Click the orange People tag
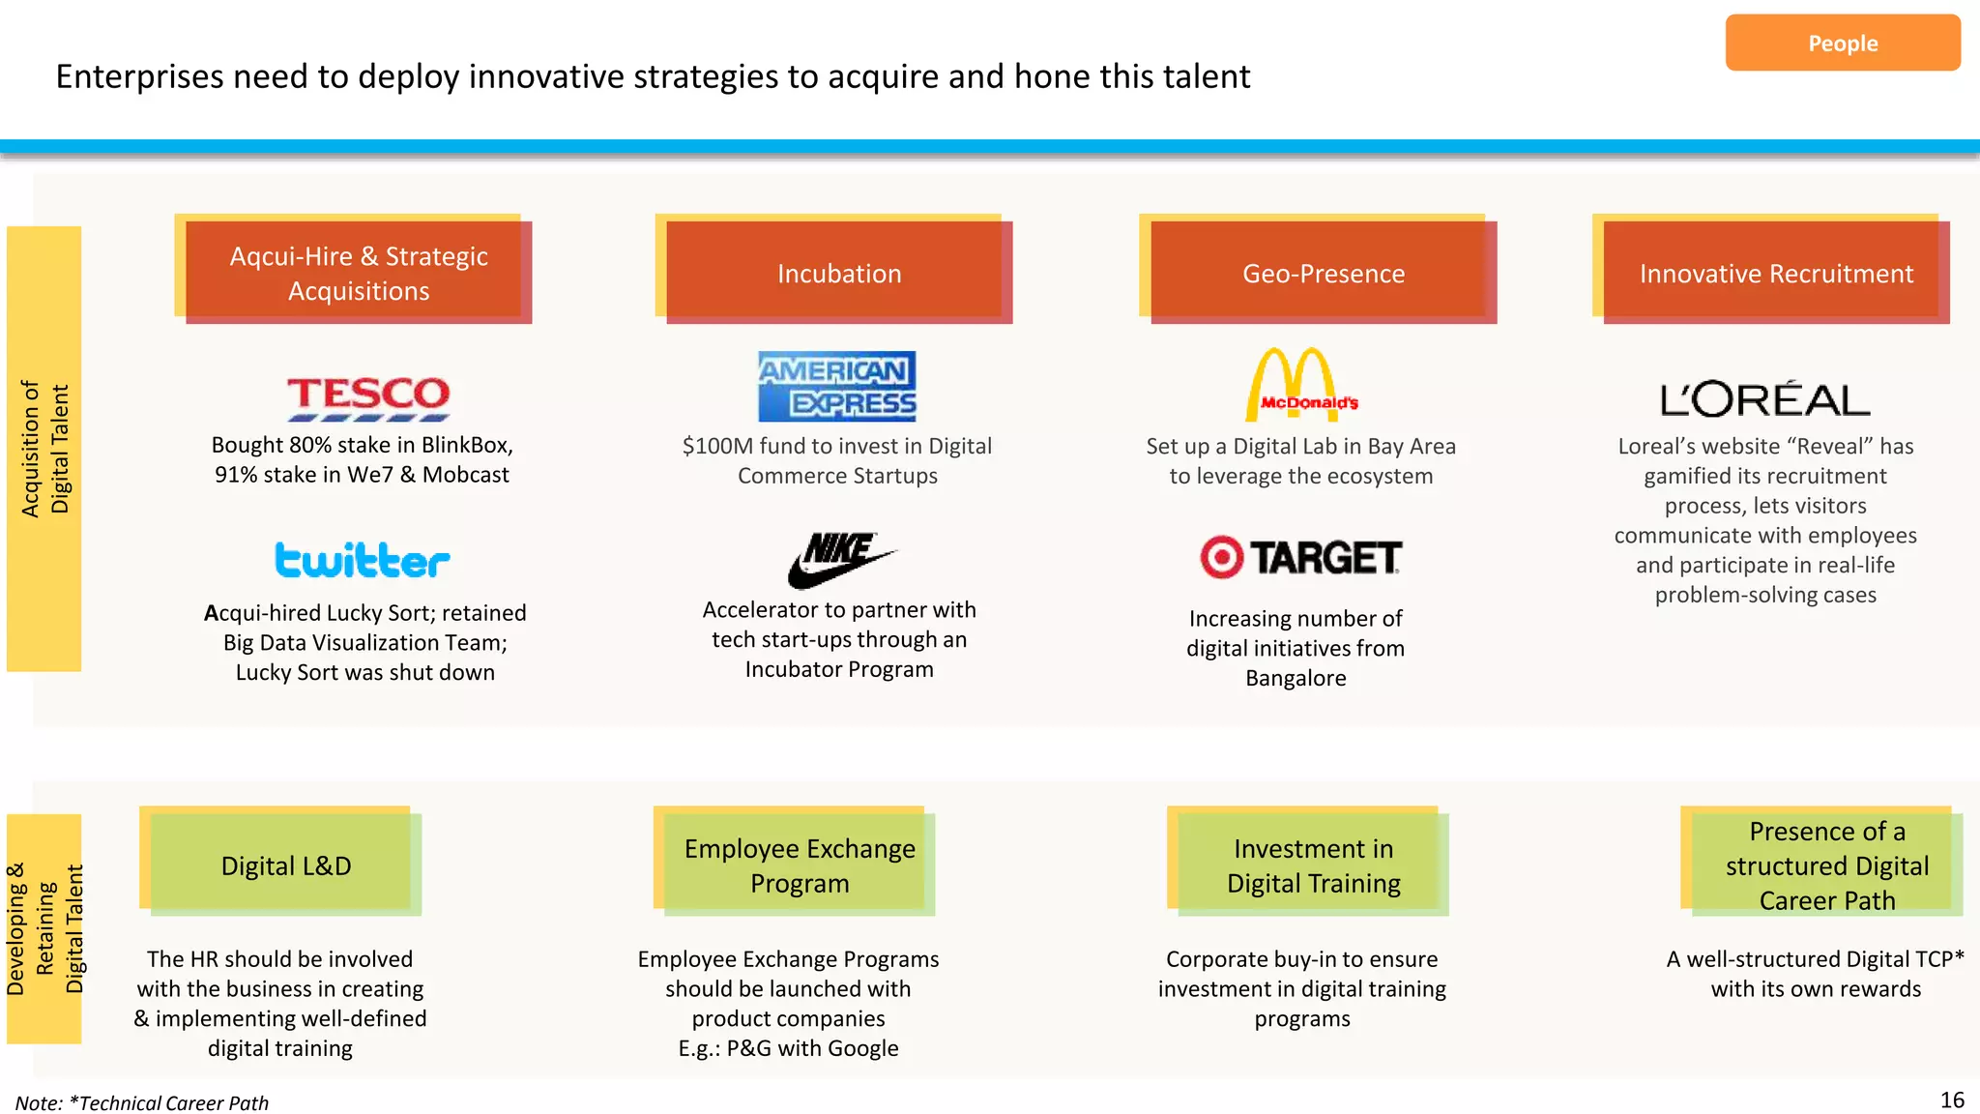(1842, 44)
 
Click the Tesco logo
(368, 397)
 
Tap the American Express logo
(837, 387)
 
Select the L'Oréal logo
(1765, 399)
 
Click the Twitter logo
(363, 560)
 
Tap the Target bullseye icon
(1222, 557)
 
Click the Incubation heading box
(838, 273)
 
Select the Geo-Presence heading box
(1323, 273)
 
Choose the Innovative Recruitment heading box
(1776, 273)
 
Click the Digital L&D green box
(285, 865)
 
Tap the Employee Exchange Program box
(799, 865)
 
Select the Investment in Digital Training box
(1313, 865)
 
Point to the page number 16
(1952, 1099)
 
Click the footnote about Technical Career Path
(142, 1102)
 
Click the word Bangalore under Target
(1296, 678)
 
